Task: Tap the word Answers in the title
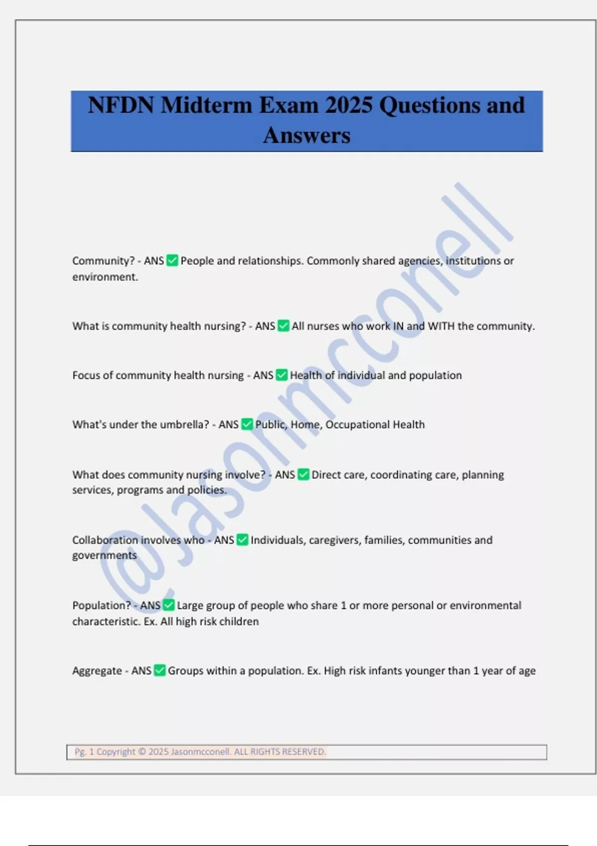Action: pyautogui.click(x=306, y=135)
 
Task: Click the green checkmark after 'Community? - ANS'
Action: pyautogui.click(x=172, y=260)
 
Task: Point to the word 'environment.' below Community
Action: pyautogui.click(x=105, y=277)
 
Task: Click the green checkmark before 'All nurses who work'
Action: pyautogui.click(x=284, y=326)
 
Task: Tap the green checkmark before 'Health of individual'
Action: pyautogui.click(x=282, y=375)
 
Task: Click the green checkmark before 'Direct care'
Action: pyautogui.click(x=303, y=475)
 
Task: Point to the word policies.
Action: pyautogui.click(x=206, y=490)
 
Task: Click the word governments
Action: pyautogui.click(x=104, y=555)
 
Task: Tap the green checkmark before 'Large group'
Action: pyautogui.click(x=169, y=605)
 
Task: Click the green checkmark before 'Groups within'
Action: pyautogui.click(x=160, y=670)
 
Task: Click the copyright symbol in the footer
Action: pyautogui.click(x=142, y=751)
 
